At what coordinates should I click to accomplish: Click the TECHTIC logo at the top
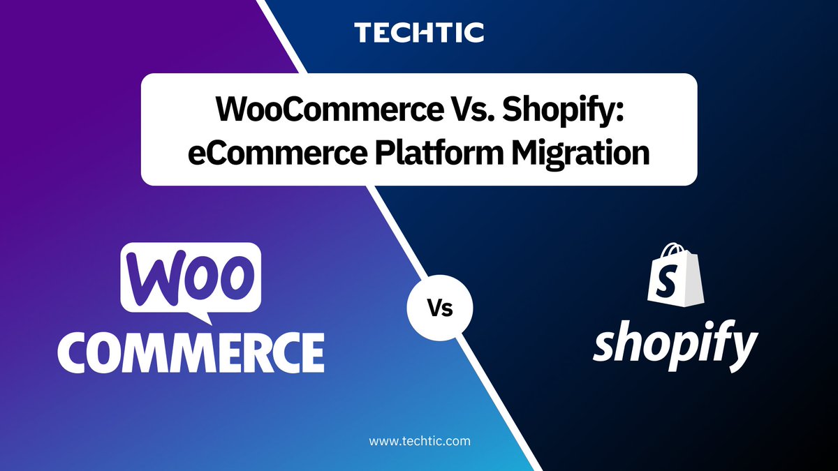419,32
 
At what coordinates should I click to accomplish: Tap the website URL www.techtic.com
419,441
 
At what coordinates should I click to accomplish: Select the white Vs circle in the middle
440,308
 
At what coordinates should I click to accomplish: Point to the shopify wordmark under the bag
675,348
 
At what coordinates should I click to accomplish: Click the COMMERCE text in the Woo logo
190,352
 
